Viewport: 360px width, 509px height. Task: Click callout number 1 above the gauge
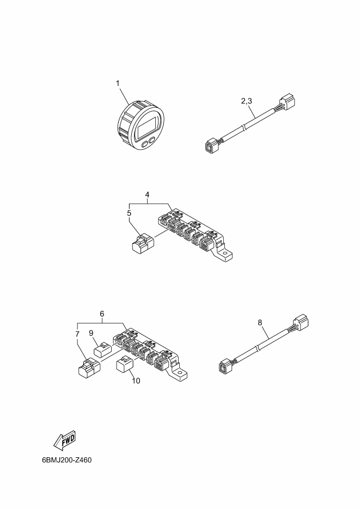coord(118,83)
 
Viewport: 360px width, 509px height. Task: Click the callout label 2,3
coord(246,101)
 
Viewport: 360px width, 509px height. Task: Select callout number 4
coord(148,195)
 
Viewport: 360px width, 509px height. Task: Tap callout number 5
coord(129,213)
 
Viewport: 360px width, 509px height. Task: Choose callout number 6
coord(102,314)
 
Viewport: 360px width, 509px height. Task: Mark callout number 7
coord(77,334)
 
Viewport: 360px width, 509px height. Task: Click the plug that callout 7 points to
coord(89,367)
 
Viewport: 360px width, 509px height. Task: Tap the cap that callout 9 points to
coord(102,349)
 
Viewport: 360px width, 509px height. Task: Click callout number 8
coord(260,322)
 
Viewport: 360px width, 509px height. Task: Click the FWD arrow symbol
coord(65,440)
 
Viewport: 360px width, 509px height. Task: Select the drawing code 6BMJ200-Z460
coord(67,460)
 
